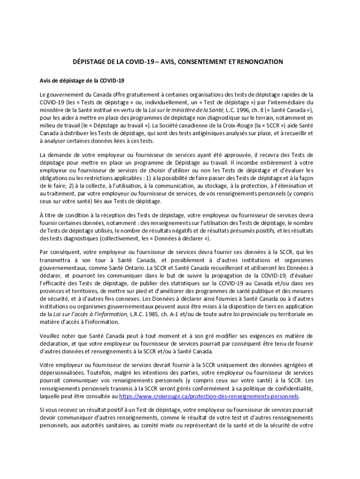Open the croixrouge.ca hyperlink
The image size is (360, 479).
click(x=209, y=396)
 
